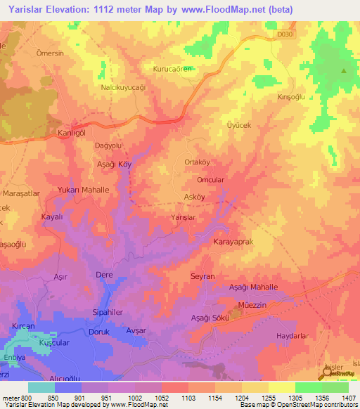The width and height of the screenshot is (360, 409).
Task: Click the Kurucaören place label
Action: click(x=173, y=69)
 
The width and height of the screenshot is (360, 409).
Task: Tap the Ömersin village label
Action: click(x=50, y=53)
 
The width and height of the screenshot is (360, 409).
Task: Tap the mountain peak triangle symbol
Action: click(x=344, y=72)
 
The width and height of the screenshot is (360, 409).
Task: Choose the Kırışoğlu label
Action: click(x=291, y=97)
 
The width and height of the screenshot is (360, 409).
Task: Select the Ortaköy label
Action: click(x=197, y=162)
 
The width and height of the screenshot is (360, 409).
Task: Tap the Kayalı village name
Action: click(x=53, y=217)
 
